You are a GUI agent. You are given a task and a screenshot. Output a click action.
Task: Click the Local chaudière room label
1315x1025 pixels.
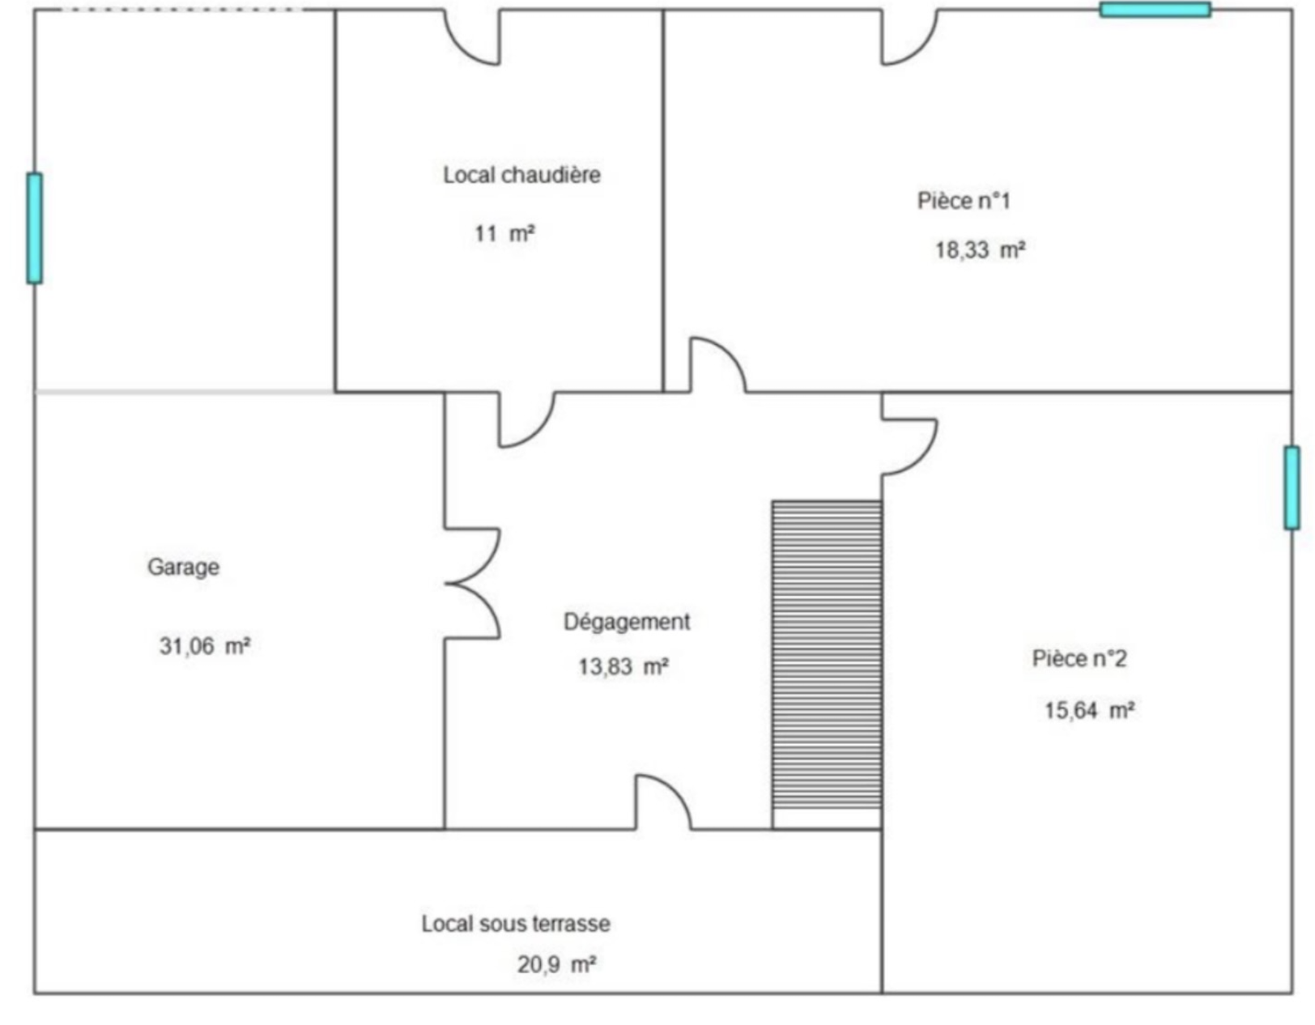coord(521,175)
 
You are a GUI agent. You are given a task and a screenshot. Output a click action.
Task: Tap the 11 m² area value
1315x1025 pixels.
coord(504,233)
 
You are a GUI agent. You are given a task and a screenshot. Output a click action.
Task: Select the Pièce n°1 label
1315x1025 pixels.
coord(964,200)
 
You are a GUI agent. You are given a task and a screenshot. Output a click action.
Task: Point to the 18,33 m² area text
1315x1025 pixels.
coord(981,249)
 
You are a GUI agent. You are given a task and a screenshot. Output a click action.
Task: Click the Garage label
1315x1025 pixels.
coord(183,567)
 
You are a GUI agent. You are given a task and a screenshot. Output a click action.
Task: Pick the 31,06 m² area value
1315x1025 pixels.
coord(205,645)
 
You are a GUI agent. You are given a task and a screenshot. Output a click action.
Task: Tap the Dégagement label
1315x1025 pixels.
coord(627,622)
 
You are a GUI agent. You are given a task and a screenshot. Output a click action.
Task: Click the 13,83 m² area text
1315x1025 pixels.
coord(623,666)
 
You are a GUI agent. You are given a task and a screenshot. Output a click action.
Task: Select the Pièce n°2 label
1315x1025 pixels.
coord(1079,658)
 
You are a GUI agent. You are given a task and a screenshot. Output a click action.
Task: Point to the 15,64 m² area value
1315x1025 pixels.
coord(1089,710)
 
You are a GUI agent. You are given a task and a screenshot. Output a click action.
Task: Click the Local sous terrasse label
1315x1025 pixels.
coord(516,923)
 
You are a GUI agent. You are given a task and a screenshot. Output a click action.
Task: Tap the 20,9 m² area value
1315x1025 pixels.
coord(556,964)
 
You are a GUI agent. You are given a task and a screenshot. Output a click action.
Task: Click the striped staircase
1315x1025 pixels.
coord(827,654)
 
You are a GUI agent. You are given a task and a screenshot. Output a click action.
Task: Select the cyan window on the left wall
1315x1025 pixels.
coord(35,228)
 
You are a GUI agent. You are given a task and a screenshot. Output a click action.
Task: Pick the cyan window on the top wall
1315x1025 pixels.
coord(1155,10)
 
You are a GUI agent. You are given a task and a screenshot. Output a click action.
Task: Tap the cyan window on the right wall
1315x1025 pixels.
coord(1292,487)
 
